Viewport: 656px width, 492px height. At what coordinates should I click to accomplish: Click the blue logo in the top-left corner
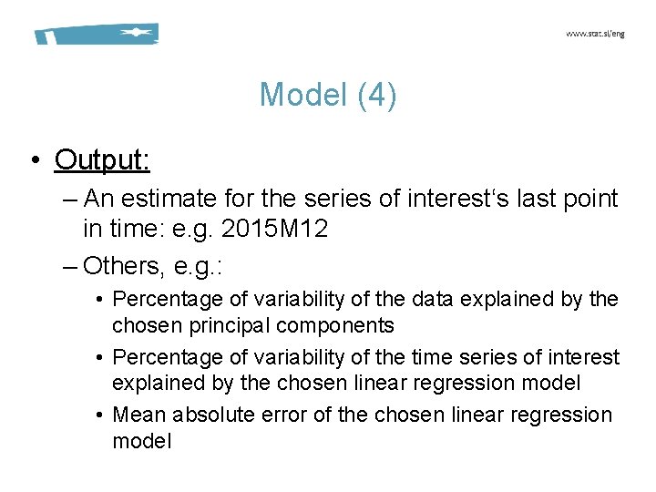(96, 35)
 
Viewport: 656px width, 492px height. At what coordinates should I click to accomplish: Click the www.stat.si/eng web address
(595, 34)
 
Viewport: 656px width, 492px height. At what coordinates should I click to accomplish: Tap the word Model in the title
(297, 95)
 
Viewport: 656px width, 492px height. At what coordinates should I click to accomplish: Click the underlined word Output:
(102, 159)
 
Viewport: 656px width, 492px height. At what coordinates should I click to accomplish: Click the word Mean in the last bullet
(138, 415)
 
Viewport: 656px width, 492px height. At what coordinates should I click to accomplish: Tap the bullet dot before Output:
(34, 161)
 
